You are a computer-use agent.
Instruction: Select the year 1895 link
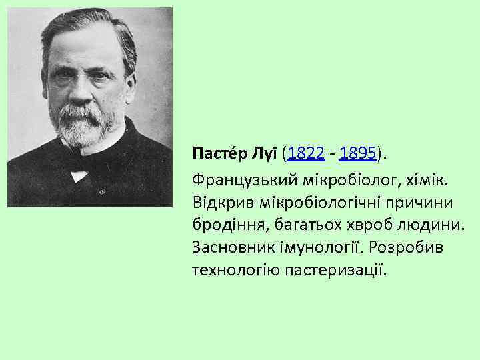pos(357,155)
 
